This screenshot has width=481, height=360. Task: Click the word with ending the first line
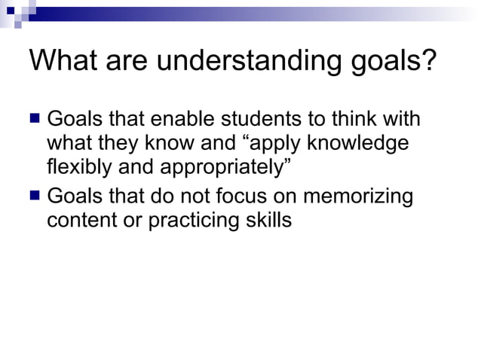coord(400,120)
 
